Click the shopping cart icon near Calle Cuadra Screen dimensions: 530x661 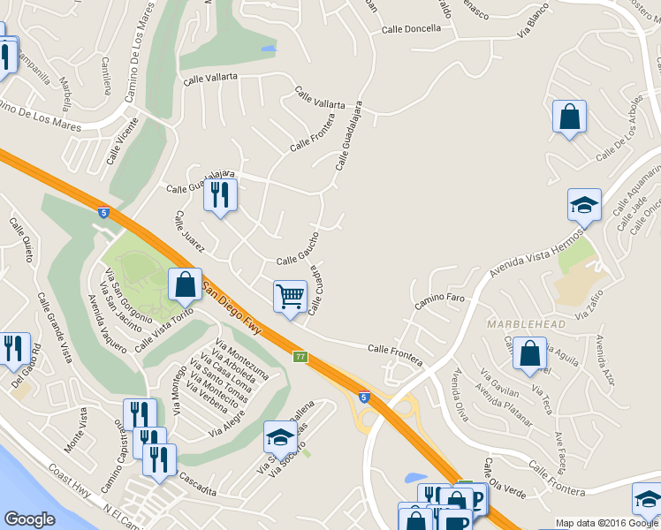[290, 297]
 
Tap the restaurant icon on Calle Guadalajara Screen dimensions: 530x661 [220, 194]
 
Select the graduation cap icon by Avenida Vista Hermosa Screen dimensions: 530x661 [584, 206]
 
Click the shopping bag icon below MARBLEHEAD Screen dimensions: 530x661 [528, 353]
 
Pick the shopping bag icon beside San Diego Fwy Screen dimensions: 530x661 [185, 284]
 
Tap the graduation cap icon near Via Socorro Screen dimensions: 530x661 [281, 436]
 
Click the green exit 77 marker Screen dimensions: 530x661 [300, 356]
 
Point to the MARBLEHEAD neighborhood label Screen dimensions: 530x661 [526, 325]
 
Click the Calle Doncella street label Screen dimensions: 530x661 [411, 28]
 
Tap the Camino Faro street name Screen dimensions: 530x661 [440, 302]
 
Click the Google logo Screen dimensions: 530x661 [29, 519]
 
